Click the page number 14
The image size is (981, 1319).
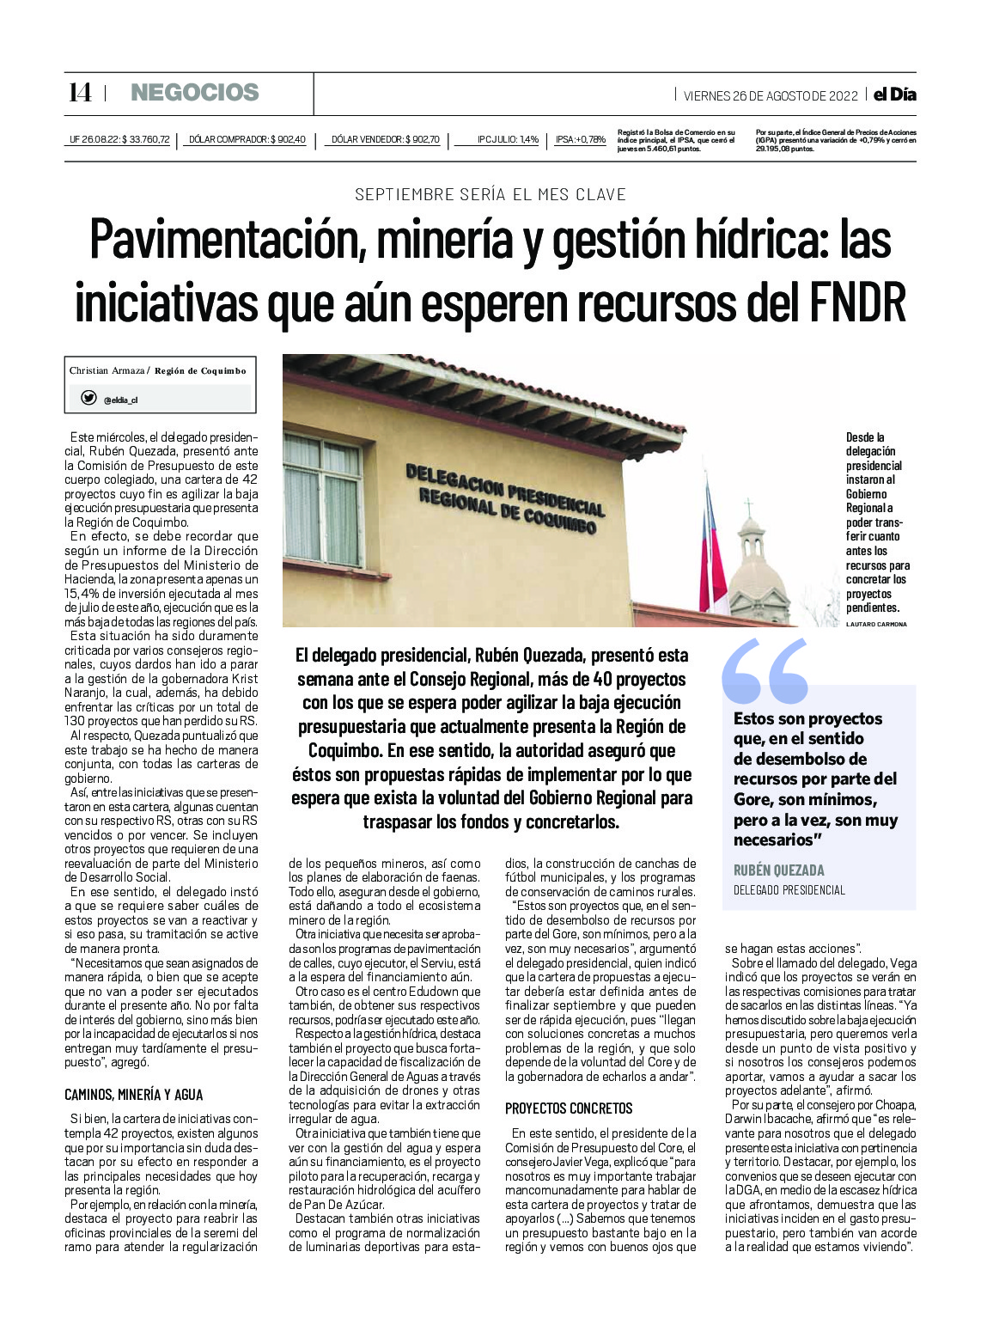click(x=80, y=93)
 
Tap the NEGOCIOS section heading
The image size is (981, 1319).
click(x=194, y=93)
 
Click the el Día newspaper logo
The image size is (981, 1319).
click(x=894, y=95)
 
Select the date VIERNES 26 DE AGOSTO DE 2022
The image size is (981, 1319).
click(x=771, y=95)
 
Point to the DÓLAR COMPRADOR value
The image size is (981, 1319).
click(x=247, y=139)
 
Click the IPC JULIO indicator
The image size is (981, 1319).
click(x=508, y=139)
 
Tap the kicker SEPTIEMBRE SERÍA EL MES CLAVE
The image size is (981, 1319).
click(x=490, y=194)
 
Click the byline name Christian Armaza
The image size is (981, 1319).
click(x=107, y=370)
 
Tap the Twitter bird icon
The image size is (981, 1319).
click(x=88, y=398)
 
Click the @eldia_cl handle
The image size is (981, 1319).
click(x=120, y=400)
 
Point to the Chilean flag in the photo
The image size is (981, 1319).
click(x=713, y=550)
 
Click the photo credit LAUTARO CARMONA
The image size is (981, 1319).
click(x=876, y=624)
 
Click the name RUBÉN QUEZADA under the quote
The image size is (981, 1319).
click(x=778, y=870)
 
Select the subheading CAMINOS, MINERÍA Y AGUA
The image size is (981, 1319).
click(x=134, y=1095)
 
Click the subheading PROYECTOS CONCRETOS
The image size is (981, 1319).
click(x=569, y=1108)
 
